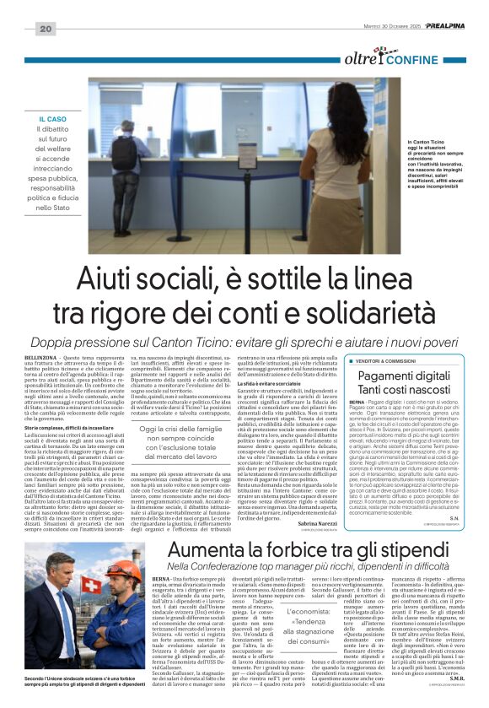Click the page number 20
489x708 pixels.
pyautogui.click(x=46, y=30)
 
